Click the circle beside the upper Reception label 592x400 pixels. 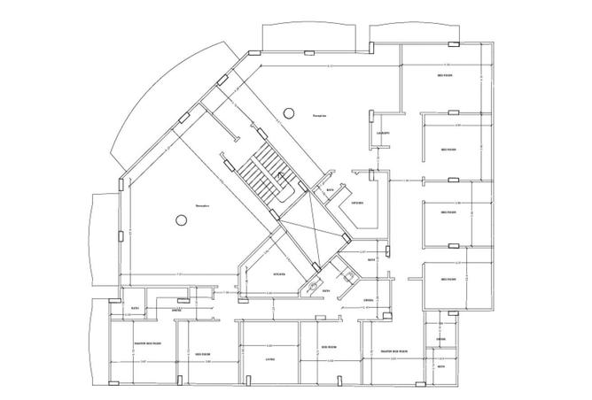(288, 112)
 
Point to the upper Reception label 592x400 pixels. (319, 116)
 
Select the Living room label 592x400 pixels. (270, 359)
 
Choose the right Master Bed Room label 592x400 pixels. (390, 350)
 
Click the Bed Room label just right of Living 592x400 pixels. (326, 347)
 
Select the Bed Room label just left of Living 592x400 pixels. (203, 354)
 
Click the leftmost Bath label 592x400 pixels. (135, 308)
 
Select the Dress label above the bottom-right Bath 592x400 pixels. (440, 340)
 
